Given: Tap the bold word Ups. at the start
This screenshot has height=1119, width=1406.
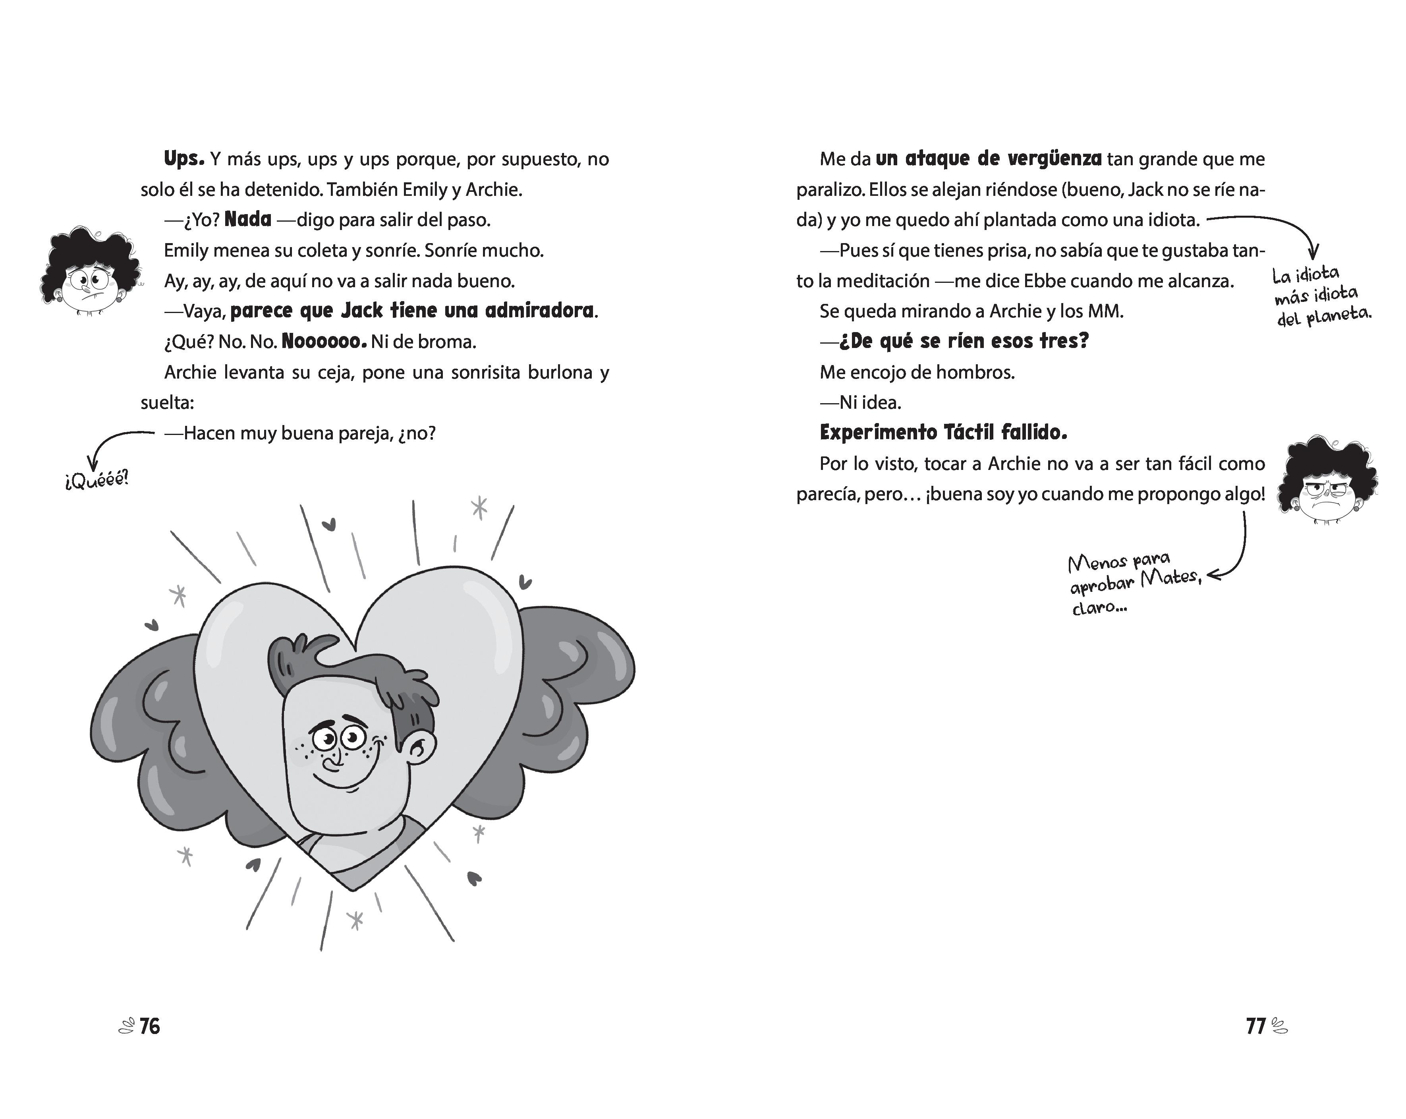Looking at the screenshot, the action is click(184, 158).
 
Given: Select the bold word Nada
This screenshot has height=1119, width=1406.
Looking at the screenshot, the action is click(248, 219).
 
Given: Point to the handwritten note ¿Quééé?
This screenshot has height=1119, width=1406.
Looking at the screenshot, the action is click(97, 481).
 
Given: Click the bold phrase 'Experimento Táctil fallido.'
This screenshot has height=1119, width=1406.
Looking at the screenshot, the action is click(943, 432).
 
